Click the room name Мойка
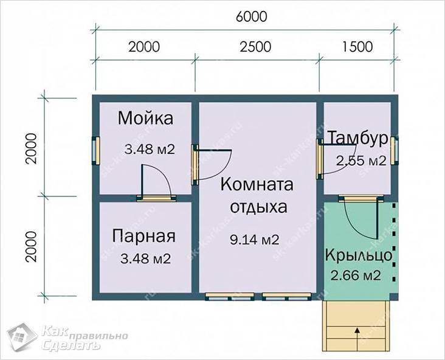click(145, 117)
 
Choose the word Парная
click(144, 236)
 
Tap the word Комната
click(257, 184)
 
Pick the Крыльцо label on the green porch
click(358, 254)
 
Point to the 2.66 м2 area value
click(356, 275)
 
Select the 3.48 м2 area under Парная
click(145, 258)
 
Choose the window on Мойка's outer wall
click(95, 149)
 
